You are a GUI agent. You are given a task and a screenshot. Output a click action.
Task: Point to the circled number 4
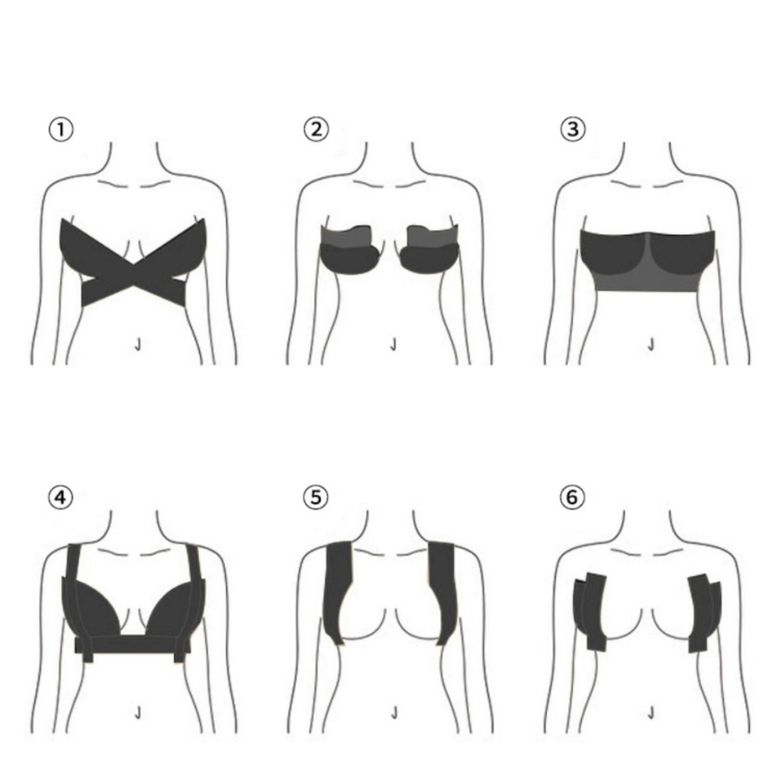tap(61, 498)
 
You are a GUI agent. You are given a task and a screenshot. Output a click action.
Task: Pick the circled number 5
tap(316, 498)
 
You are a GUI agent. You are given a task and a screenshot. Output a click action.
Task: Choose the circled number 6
tap(573, 498)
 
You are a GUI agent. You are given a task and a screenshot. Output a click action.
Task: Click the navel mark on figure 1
tap(137, 345)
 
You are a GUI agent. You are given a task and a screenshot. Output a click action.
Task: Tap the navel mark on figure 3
tap(651, 345)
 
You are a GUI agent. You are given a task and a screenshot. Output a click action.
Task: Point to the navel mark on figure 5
tap(394, 713)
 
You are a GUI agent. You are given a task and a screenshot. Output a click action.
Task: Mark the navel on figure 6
tap(651, 713)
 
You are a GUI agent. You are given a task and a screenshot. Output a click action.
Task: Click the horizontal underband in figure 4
tap(133, 645)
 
